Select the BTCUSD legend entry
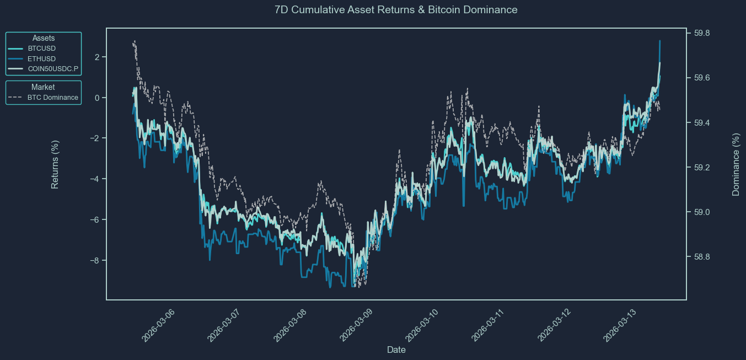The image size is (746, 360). pyautogui.click(x=41, y=49)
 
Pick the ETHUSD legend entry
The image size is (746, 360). pyautogui.click(x=41, y=58)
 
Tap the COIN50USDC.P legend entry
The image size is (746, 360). pyautogui.click(x=53, y=68)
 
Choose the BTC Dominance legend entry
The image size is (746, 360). pyautogui.click(x=52, y=98)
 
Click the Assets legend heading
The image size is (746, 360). pyautogui.click(x=44, y=38)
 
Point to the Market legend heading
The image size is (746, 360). pyautogui.click(x=43, y=87)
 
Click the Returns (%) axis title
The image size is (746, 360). pyautogui.click(x=55, y=164)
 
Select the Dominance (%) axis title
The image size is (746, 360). pyautogui.click(x=736, y=164)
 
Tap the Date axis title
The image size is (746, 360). pyautogui.click(x=396, y=350)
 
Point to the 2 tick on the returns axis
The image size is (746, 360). pyautogui.click(x=96, y=57)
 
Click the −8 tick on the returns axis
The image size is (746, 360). pyautogui.click(x=94, y=261)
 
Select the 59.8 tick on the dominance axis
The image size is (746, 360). pyautogui.click(x=702, y=34)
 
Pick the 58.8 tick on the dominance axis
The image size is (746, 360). pyautogui.click(x=702, y=257)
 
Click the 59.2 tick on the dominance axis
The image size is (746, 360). pyautogui.click(x=702, y=168)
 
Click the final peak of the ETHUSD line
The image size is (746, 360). pyautogui.click(x=659, y=41)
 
